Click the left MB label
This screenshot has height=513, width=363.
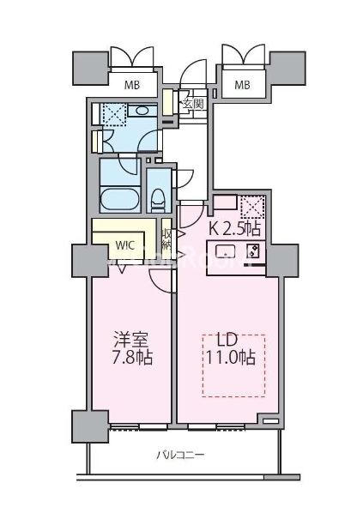tap(132, 85)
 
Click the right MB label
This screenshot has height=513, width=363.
tap(243, 85)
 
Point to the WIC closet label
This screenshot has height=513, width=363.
tap(126, 244)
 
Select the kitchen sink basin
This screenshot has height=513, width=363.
tap(227, 252)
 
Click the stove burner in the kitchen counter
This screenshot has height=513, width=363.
tap(254, 252)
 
